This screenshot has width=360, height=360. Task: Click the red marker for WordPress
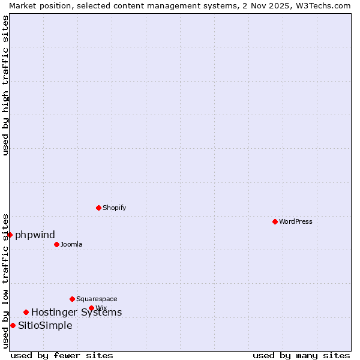pos(275,222)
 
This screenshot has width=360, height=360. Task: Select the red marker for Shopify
pos(98,208)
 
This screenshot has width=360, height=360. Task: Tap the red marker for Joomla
pos(56,245)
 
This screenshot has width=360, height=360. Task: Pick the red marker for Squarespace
pos(72,299)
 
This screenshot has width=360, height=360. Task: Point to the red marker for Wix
pos(91,308)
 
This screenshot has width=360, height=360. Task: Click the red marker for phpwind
pos(10,235)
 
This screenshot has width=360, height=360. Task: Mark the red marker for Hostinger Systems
pos(26,313)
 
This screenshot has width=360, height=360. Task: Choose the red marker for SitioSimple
pos(13,326)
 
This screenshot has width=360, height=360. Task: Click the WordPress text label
pos(296,222)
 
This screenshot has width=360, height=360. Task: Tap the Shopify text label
pos(114,208)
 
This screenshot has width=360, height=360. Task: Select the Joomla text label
pos(71,245)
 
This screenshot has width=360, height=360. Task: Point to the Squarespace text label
pos(97,299)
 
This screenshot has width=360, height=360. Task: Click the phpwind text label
pos(35,235)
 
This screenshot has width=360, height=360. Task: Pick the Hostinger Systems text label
pos(76,313)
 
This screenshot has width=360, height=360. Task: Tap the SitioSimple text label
pos(45,326)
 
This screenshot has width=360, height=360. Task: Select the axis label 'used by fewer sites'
pos(62,355)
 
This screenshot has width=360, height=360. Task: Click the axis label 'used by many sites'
pos(301,355)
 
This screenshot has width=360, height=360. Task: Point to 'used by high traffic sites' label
pos(5,85)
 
